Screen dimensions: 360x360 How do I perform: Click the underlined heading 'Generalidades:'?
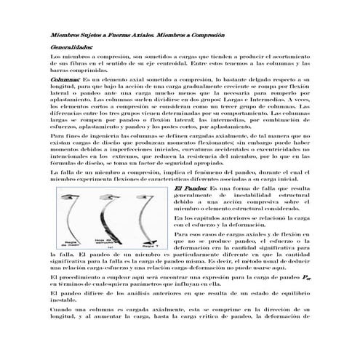pyautogui.click(x=71, y=46)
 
